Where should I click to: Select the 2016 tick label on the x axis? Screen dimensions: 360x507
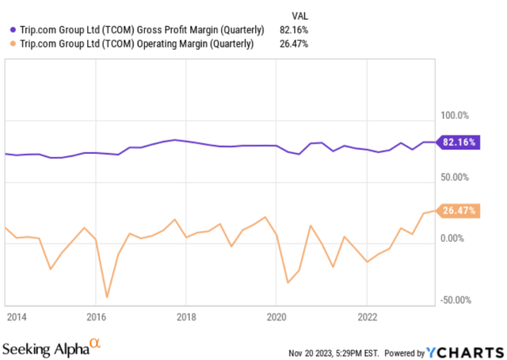[x=95, y=317]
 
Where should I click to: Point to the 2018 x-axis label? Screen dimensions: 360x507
[x=185, y=317]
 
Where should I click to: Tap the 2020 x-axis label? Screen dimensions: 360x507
[x=276, y=317]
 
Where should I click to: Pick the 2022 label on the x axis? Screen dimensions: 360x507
[x=366, y=317]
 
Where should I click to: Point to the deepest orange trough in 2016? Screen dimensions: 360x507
[x=107, y=297]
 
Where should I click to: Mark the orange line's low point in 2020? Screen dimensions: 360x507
[x=288, y=282]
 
